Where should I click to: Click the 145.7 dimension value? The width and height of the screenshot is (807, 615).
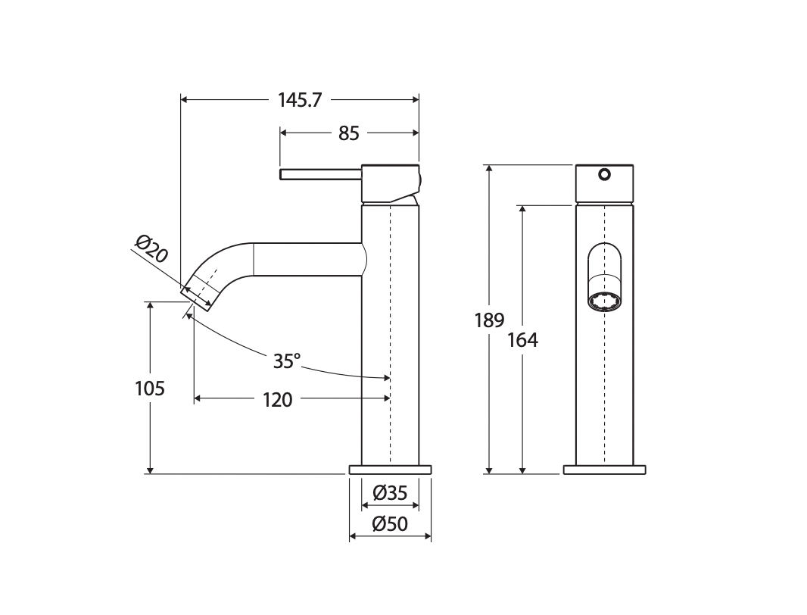tap(300, 100)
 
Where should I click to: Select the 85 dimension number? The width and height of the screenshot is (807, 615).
tap(348, 133)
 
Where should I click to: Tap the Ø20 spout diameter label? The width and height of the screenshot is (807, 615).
tap(152, 248)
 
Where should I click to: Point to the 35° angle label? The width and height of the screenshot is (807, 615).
tap(287, 361)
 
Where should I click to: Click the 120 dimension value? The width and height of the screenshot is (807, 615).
tap(277, 400)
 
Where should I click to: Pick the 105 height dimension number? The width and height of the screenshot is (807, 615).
tap(150, 389)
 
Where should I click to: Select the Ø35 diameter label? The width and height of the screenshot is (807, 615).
tap(390, 493)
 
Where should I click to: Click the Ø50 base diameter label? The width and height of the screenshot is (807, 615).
tap(390, 524)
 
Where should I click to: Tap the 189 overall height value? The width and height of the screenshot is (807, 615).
tap(490, 320)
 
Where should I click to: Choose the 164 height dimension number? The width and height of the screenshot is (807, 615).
tap(522, 340)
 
